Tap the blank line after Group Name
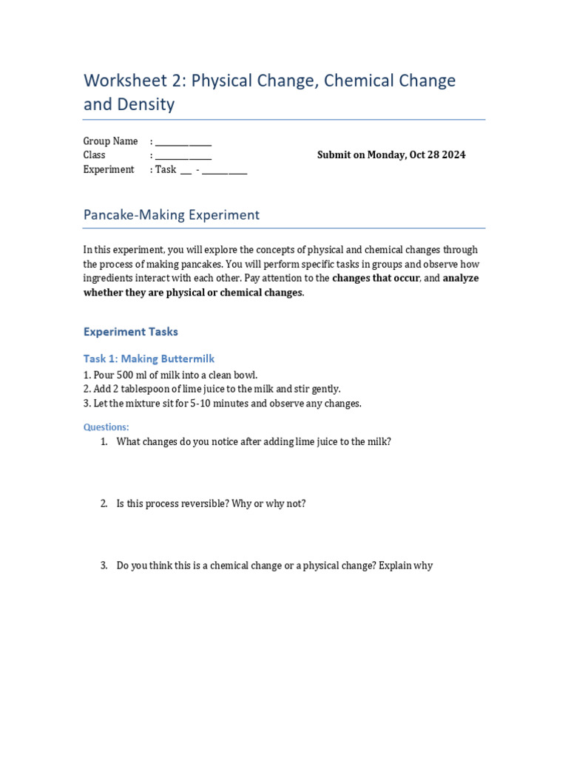[x=183, y=142]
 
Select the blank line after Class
[x=183, y=156]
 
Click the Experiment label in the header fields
[x=109, y=169]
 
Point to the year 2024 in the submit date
[x=453, y=155]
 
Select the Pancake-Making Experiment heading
[x=172, y=215]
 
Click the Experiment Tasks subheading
[x=131, y=332]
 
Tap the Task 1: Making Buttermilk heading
[x=149, y=359]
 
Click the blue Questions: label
[x=106, y=427]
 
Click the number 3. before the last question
[x=104, y=566]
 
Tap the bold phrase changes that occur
[x=376, y=279]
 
